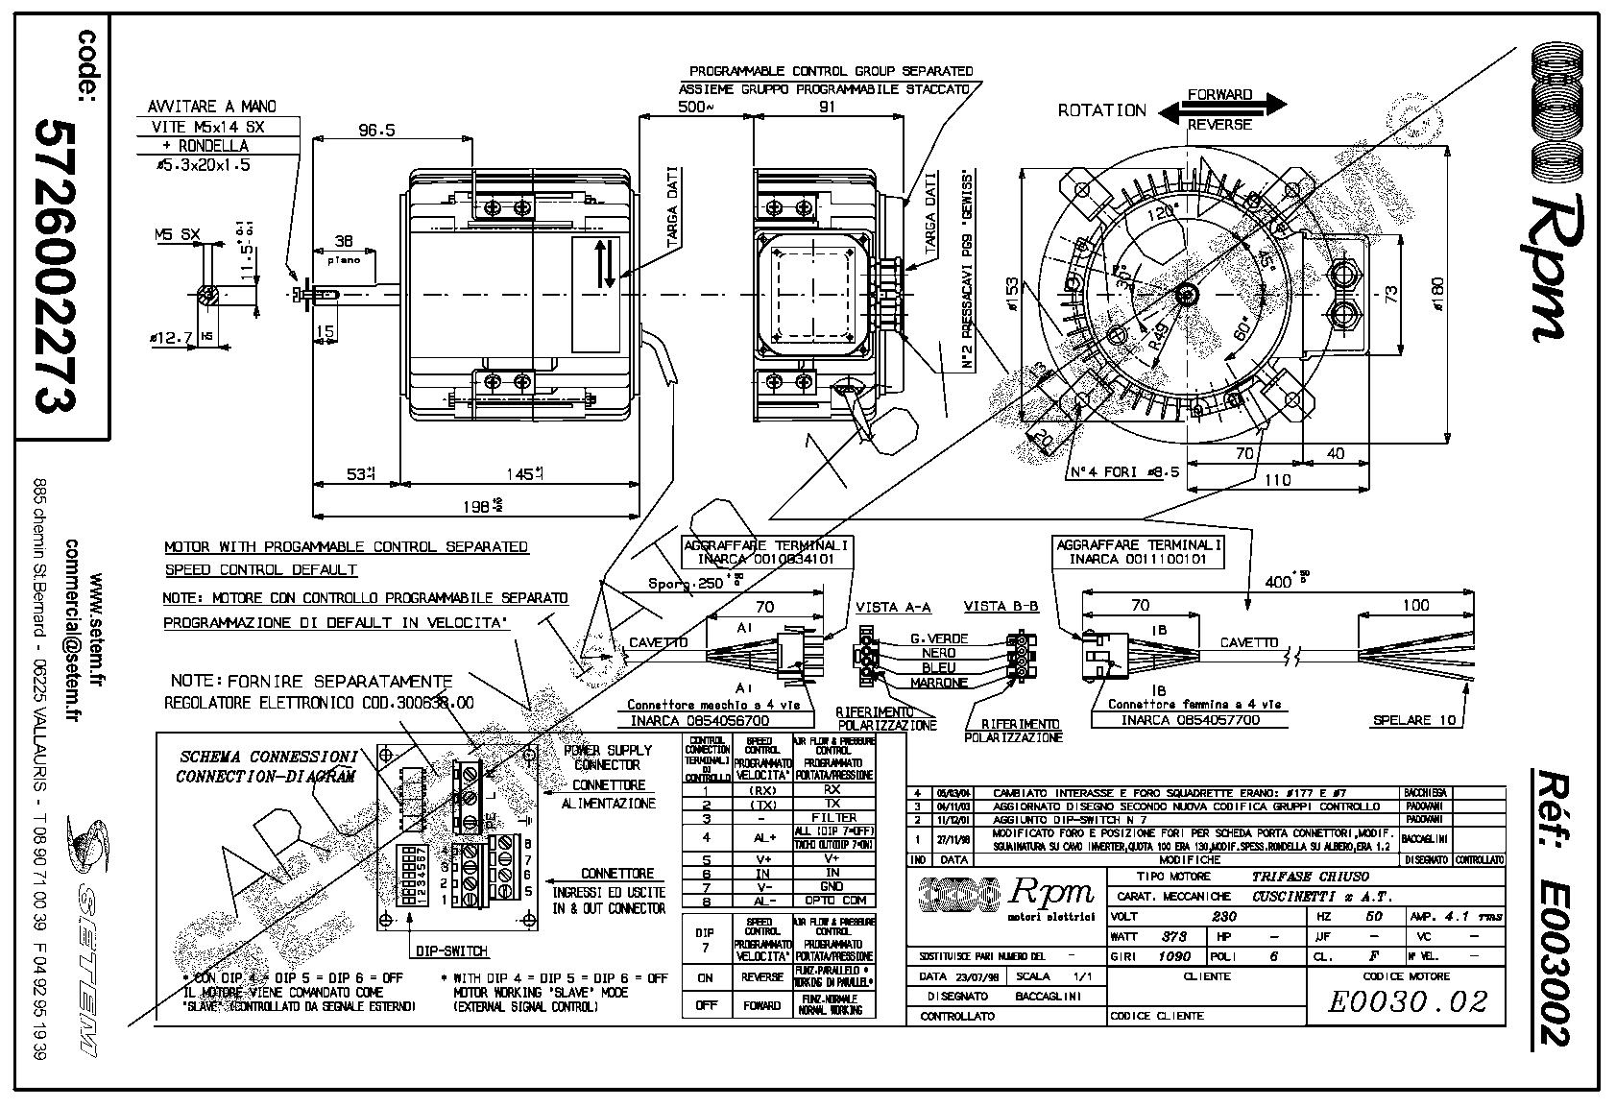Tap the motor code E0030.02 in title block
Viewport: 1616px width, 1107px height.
click(x=1407, y=1001)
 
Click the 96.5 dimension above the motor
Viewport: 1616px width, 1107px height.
click(x=377, y=131)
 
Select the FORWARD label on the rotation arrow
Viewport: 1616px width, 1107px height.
click(x=1219, y=95)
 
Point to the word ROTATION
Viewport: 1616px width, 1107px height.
click(x=1101, y=110)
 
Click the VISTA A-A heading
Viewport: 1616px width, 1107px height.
click(x=893, y=607)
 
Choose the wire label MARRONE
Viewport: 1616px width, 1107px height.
click(x=938, y=683)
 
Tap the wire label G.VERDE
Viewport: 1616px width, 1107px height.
click(x=938, y=638)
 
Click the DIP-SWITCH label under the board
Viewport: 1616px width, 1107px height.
click(x=451, y=951)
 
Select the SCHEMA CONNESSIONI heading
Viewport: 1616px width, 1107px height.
click(x=270, y=757)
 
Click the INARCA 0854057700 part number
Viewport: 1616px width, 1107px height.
click(x=1190, y=720)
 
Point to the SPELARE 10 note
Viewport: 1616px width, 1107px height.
click(x=1415, y=720)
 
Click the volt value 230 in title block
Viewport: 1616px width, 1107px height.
click(x=1225, y=916)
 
